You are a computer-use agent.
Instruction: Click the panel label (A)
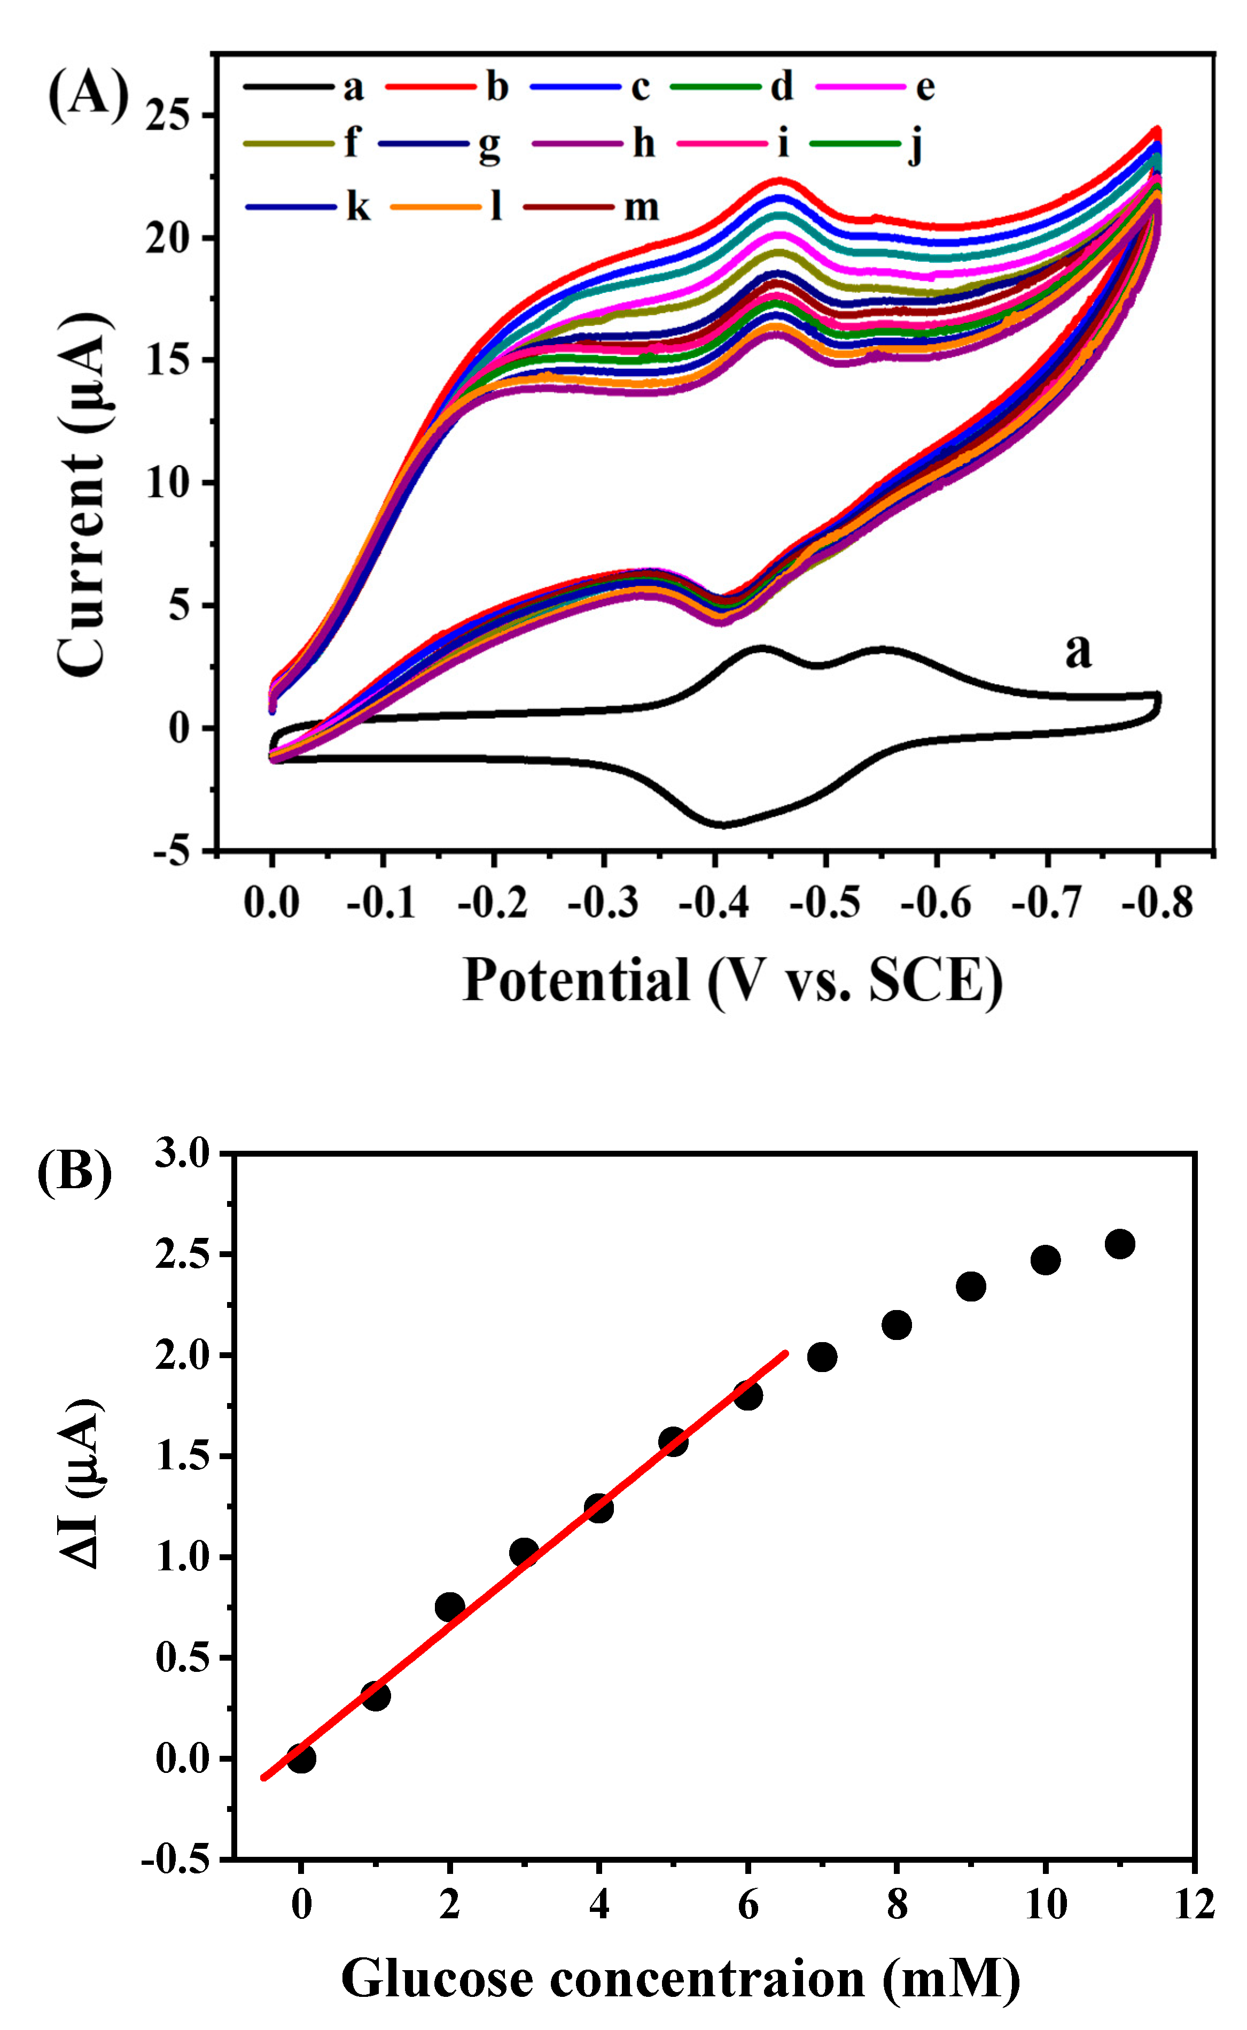point(88,94)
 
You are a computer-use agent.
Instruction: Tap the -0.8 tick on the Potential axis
point(1157,902)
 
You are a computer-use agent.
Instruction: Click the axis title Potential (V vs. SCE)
point(732,981)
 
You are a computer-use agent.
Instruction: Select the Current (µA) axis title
point(82,495)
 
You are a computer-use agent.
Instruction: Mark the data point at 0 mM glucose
point(301,1758)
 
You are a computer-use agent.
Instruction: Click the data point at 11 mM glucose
point(1119,1243)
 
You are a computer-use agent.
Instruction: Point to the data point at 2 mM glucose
point(449,1607)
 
